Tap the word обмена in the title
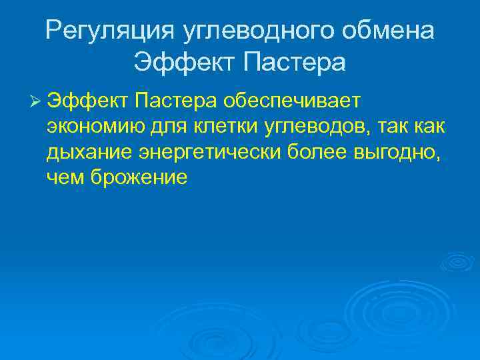coord(394,30)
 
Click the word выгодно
coord(399,153)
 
